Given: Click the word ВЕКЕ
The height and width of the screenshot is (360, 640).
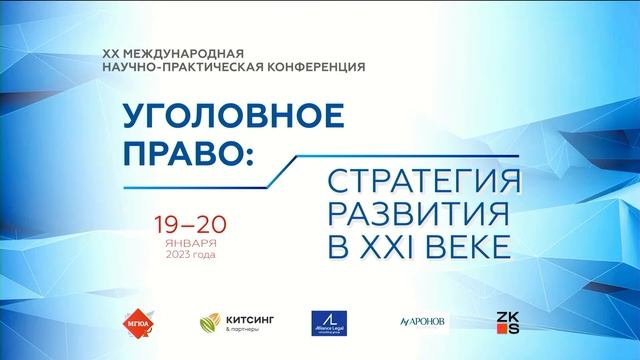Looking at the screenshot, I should coord(468,242).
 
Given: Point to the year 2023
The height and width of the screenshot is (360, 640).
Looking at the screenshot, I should coord(172,254).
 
